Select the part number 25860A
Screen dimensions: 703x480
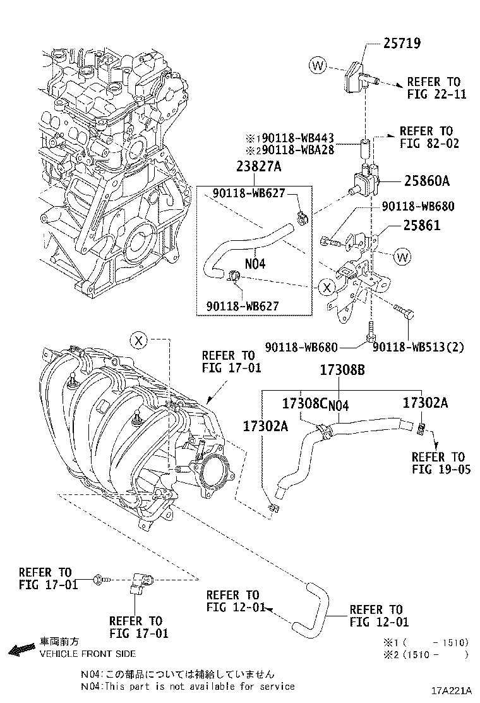click(x=426, y=181)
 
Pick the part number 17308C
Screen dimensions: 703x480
click(x=306, y=403)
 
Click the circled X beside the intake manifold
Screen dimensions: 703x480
click(x=140, y=340)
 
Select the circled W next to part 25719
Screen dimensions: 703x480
click(x=317, y=64)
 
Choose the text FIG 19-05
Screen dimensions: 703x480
click(x=441, y=469)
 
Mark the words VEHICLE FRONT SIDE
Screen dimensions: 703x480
click(x=87, y=654)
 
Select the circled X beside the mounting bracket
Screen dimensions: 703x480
click(x=326, y=288)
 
